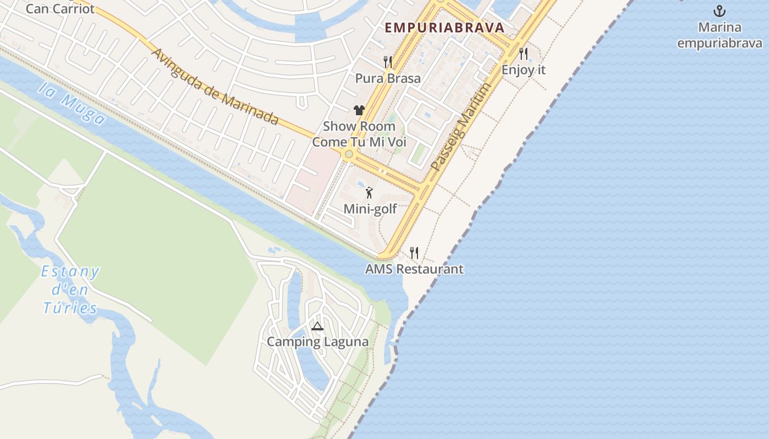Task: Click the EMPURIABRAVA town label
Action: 444,27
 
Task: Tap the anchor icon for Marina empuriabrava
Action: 719,10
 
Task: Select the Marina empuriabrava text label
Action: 720,35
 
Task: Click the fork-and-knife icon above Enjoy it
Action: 523,54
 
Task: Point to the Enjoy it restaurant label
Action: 523,70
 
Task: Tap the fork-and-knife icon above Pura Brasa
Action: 388,61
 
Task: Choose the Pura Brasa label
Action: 388,78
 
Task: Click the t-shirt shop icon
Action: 359,110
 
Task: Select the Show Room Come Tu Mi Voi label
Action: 359,134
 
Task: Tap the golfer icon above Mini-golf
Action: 370,193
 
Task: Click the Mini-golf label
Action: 370,209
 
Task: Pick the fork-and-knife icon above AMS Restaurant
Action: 414,253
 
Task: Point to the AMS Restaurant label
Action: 414,269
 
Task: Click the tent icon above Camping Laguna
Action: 317,327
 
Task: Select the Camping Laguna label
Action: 317,342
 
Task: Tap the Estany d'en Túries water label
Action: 71,290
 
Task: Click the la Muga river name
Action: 72,104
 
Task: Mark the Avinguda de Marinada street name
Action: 214,86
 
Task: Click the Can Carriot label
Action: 60,9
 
